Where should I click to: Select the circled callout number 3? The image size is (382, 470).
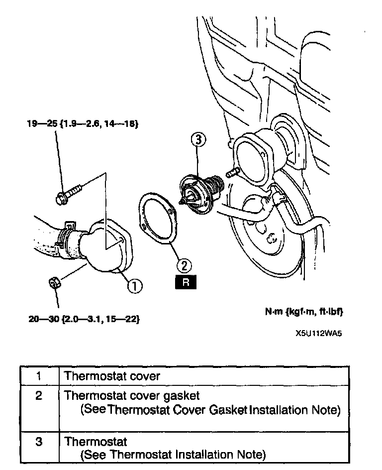click(x=198, y=141)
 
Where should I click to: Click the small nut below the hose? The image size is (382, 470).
click(x=55, y=283)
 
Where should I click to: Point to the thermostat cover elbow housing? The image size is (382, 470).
click(x=109, y=248)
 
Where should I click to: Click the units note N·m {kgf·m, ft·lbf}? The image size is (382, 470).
click(x=304, y=312)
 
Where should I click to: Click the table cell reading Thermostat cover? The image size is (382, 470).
click(x=112, y=376)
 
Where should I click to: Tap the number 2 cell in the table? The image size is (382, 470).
click(x=39, y=396)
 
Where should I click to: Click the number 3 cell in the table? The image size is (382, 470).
click(x=39, y=442)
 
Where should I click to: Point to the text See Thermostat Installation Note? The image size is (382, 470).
click(x=173, y=455)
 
